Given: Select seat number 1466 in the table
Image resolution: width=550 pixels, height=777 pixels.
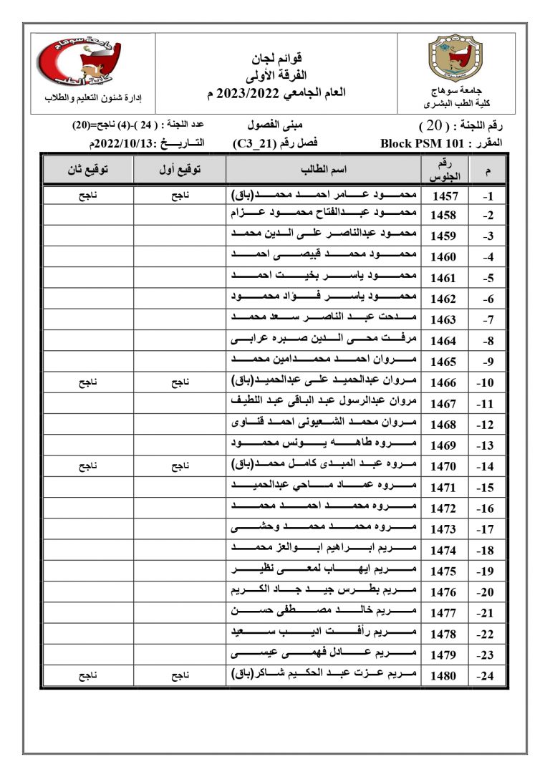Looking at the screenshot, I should click(x=443, y=383).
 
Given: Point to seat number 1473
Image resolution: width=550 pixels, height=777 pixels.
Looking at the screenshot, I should click(x=443, y=529).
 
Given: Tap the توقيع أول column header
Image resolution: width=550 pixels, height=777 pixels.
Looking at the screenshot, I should click(x=179, y=170).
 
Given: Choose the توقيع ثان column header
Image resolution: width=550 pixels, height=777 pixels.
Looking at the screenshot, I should click(x=88, y=170).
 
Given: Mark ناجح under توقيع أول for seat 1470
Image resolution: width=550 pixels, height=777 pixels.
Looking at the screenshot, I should click(x=179, y=466).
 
